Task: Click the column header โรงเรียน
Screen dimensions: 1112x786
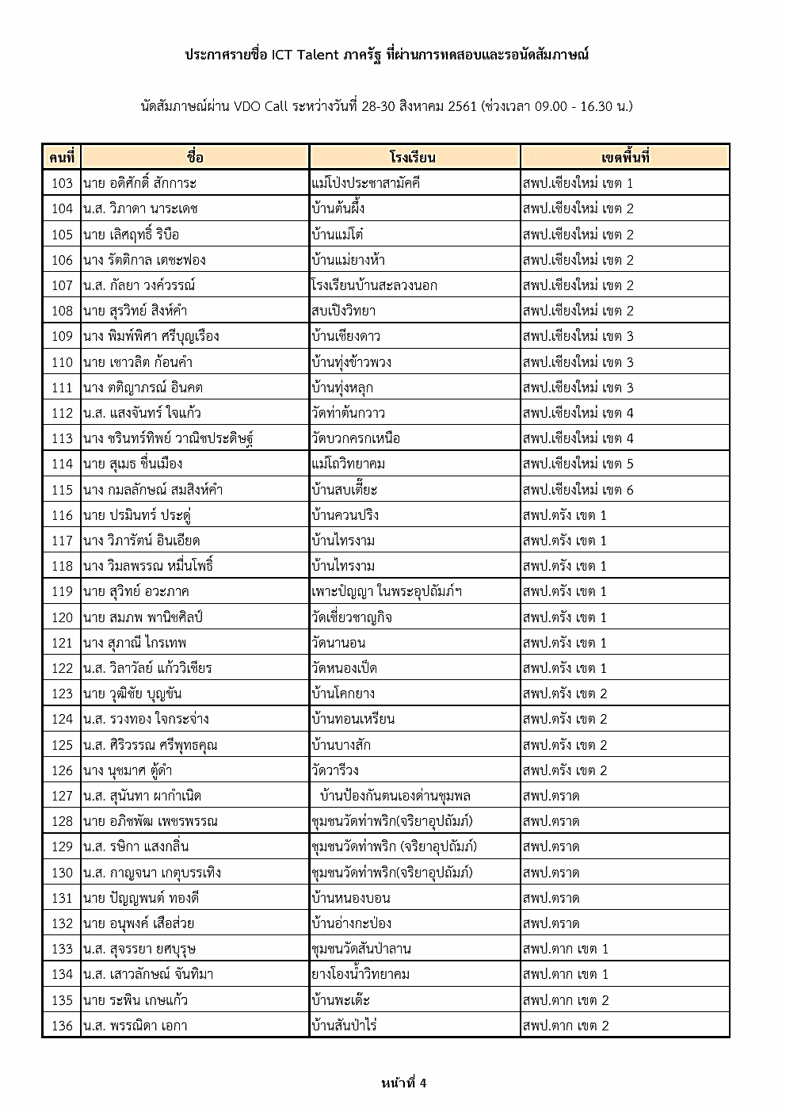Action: (x=413, y=157)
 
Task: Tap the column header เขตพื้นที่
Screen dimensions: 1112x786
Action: (x=624, y=157)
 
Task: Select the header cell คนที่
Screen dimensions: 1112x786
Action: (x=61, y=157)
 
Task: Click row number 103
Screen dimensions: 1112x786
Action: (x=62, y=183)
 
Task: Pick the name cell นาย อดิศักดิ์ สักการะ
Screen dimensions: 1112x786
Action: (x=139, y=183)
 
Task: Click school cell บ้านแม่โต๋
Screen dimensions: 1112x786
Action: (x=338, y=234)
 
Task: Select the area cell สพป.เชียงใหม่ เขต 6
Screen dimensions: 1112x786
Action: (x=578, y=489)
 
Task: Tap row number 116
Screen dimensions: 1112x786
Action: (x=62, y=515)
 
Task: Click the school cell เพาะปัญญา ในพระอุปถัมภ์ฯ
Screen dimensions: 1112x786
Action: (x=387, y=591)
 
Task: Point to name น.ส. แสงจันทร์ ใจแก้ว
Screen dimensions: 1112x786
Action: (x=142, y=413)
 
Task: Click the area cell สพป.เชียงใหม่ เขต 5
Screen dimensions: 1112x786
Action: (x=578, y=464)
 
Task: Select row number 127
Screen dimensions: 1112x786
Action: (x=62, y=796)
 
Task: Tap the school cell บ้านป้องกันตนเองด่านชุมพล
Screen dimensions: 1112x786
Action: (x=395, y=796)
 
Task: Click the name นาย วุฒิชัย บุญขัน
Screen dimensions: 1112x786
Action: (x=132, y=694)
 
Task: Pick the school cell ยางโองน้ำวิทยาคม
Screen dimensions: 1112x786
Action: (x=361, y=974)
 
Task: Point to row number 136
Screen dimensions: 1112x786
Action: (x=62, y=1026)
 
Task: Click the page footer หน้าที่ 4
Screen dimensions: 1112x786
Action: (x=403, y=1083)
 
